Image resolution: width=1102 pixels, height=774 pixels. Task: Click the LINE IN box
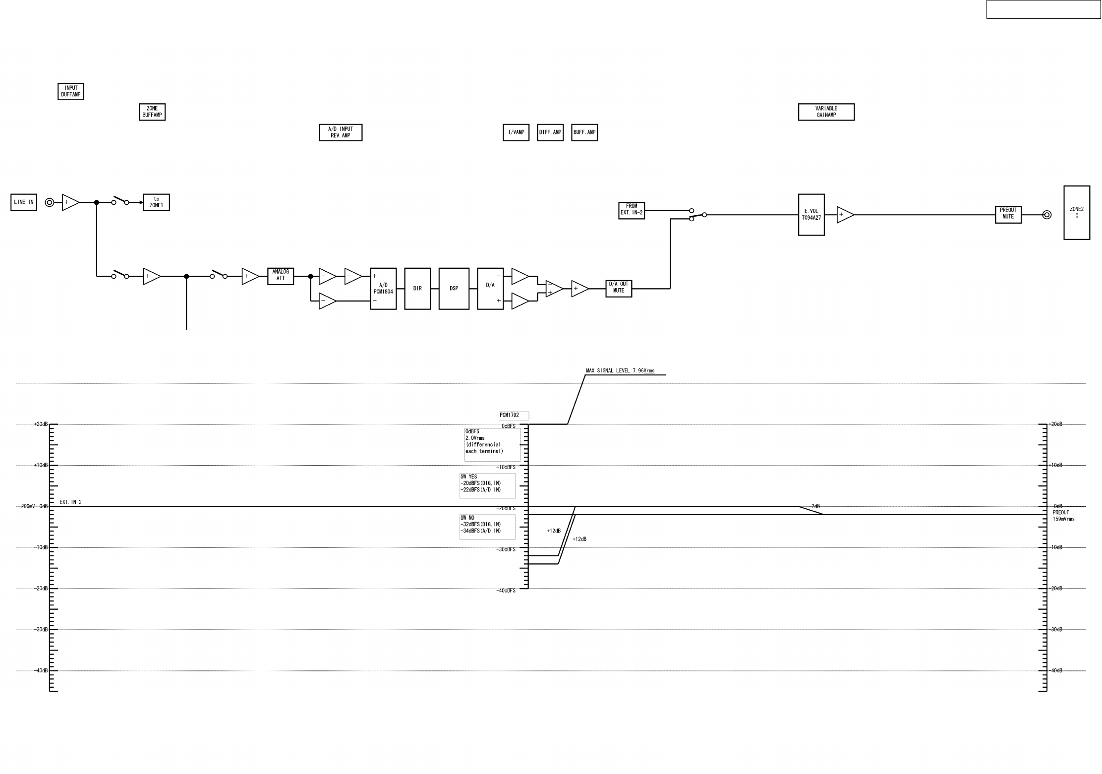coord(24,202)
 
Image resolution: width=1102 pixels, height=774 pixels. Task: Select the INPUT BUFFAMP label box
coord(71,91)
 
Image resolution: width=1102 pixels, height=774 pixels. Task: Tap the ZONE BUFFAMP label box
coord(152,112)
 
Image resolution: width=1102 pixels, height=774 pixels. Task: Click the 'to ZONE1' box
coord(157,202)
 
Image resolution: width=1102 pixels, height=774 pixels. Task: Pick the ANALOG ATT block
coord(281,276)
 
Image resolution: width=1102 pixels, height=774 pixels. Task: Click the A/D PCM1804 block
coord(383,289)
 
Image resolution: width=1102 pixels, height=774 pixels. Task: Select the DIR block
coord(417,289)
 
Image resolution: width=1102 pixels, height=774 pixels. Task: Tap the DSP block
coord(454,289)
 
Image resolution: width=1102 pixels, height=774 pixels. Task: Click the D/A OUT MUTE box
coord(619,288)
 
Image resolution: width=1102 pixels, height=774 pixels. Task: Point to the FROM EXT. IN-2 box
coord(632,210)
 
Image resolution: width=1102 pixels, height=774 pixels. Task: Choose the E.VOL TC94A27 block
coord(812,215)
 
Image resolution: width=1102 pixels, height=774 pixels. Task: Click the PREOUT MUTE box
coord(1008,214)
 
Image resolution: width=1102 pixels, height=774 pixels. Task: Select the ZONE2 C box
coord(1077,213)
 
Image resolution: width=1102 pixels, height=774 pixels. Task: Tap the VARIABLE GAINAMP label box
coord(826,112)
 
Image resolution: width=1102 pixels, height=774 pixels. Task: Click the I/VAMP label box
coord(516,132)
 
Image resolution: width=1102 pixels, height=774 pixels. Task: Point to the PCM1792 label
coord(514,416)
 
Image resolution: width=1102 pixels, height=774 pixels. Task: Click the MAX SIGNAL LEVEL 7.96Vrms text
coord(620,370)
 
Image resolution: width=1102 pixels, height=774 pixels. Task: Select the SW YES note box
coord(487,485)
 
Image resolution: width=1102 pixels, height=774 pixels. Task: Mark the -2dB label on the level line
coord(814,506)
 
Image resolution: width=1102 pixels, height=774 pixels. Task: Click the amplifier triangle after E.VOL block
coord(845,215)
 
